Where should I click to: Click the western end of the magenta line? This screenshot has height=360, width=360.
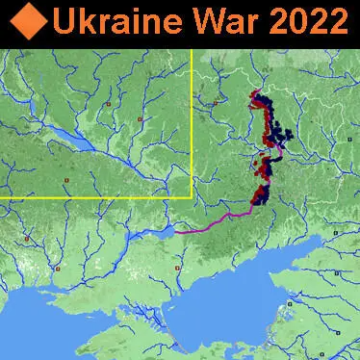[177, 231]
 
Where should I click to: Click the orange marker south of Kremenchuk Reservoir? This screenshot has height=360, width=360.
[66, 179]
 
